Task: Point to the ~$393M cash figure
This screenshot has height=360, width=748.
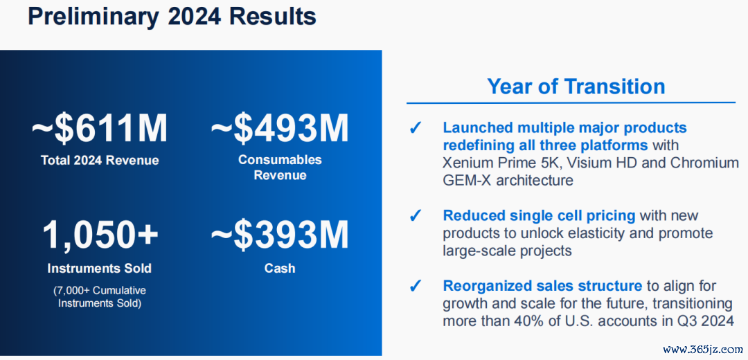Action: click(x=280, y=235)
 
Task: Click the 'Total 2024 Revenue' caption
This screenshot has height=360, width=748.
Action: click(x=100, y=160)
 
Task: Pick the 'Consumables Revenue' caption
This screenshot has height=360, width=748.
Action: click(x=280, y=168)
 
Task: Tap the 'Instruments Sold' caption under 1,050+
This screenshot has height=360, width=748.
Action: click(x=100, y=268)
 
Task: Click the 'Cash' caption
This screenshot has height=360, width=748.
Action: click(x=280, y=268)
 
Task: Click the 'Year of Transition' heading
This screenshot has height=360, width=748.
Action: click(x=576, y=87)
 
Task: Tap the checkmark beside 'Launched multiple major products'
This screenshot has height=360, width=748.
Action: click(x=416, y=129)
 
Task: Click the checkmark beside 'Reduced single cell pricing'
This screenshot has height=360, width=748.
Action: click(x=416, y=217)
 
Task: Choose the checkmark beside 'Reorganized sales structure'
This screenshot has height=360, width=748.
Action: click(x=416, y=286)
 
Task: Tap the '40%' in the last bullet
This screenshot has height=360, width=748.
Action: click(x=538, y=321)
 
